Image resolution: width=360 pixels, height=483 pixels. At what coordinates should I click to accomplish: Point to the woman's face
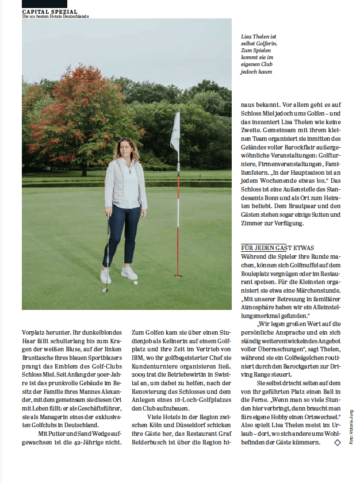[125, 149]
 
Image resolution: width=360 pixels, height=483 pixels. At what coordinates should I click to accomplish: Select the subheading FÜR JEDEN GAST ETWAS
[278, 248]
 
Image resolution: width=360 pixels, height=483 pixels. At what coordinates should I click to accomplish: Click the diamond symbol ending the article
[337, 443]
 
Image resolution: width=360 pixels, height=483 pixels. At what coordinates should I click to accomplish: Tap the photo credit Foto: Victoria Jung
[350, 426]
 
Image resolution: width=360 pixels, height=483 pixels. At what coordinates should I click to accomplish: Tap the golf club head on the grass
[105, 290]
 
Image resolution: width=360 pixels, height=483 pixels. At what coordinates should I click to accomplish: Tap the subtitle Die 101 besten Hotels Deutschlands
[55, 16]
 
